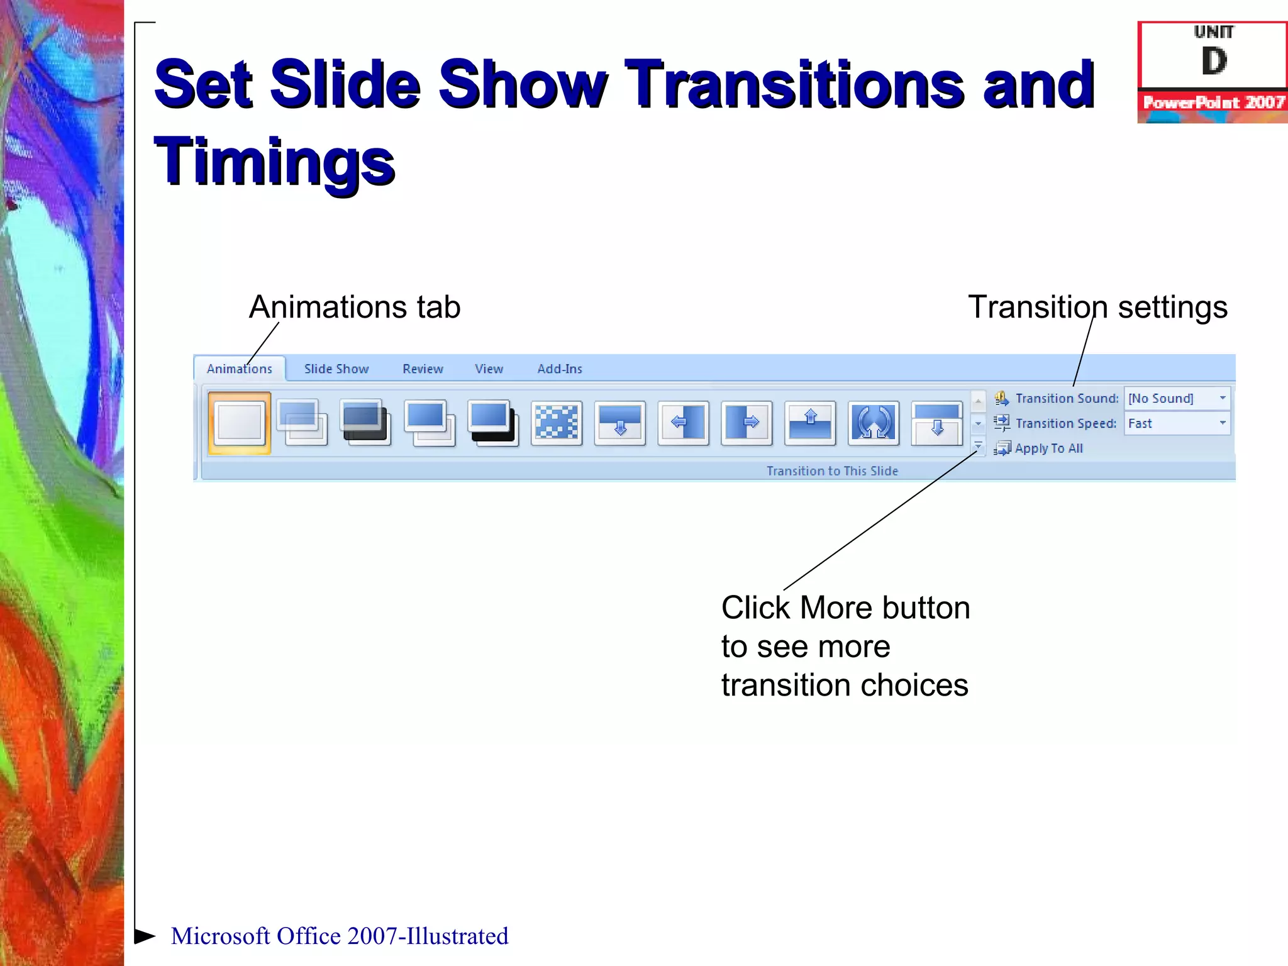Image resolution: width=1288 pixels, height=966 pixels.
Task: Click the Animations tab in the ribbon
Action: (x=239, y=369)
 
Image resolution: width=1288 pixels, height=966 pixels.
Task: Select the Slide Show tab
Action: (x=336, y=369)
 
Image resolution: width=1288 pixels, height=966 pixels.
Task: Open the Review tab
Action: (x=423, y=369)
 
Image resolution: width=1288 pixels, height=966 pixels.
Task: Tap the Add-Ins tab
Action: (x=559, y=369)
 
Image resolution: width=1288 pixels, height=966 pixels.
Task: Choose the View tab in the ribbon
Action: (x=489, y=369)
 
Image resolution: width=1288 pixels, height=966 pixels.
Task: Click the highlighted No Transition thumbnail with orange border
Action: (x=240, y=423)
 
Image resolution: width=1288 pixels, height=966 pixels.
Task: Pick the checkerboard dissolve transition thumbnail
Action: (x=557, y=423)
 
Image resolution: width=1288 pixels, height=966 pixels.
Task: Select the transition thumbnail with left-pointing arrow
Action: (x=684, y=423)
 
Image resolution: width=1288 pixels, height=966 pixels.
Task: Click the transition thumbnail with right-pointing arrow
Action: (x=747, y=423)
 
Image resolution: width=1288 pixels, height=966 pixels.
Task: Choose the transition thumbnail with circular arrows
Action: (x=874, y=423)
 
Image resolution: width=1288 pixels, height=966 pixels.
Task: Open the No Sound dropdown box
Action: (x=1176, y=398)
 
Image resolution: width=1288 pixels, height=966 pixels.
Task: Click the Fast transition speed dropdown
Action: (x=1176, y=423)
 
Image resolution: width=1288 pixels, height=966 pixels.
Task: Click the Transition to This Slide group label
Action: (x=832, y=470)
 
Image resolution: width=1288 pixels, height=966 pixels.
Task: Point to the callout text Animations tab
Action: (x=355, y=307)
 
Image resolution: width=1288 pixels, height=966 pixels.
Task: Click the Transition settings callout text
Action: (x=1097, y=307)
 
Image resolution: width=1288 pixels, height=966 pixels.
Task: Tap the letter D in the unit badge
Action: (x=1214, y=62)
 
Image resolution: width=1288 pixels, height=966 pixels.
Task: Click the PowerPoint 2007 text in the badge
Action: (x=1213, y=103)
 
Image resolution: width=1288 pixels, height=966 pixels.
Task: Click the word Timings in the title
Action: (x=274, y=162)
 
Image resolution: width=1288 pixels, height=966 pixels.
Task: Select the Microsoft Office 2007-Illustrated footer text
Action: (x=340, y=936)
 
